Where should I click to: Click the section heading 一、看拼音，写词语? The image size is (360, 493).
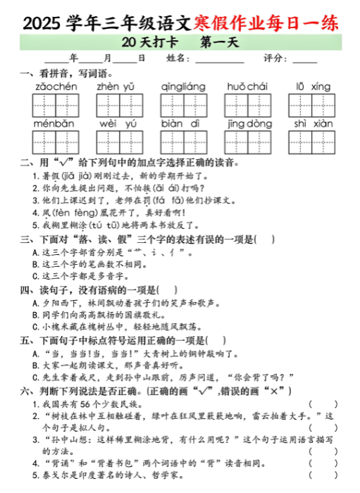[63, 73]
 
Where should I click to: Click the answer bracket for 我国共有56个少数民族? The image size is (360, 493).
[328, 404]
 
